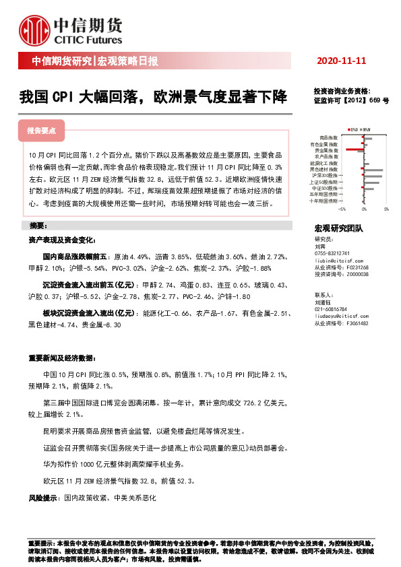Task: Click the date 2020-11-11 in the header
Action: point(340,61)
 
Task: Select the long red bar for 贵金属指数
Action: point(354,149)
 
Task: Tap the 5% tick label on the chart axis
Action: point(386,209)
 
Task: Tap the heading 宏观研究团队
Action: point(339,228)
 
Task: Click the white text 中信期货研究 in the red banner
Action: point(61,62)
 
